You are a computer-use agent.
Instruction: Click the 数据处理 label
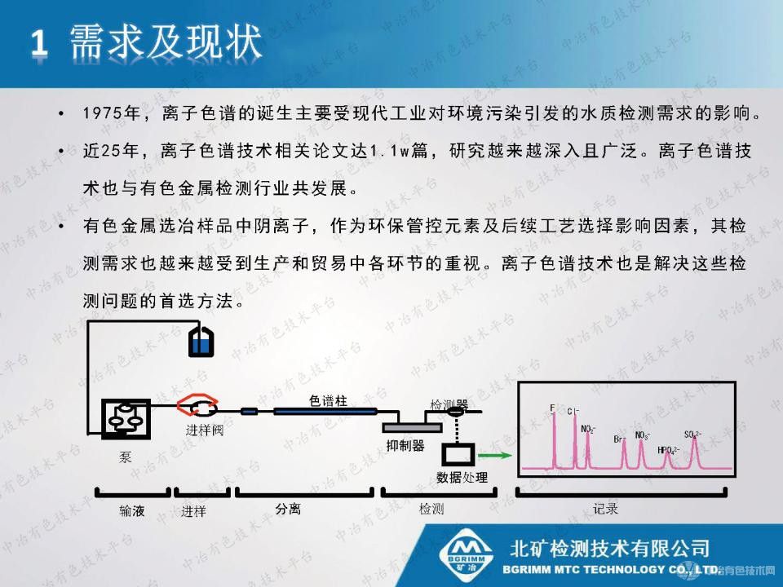pyautogui.click(x=462, y=477)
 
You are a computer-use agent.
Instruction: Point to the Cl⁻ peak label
pyautogui.click(x=573, y=411)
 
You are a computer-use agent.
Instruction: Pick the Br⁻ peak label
pyautogui.click(x=620, y=439)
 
